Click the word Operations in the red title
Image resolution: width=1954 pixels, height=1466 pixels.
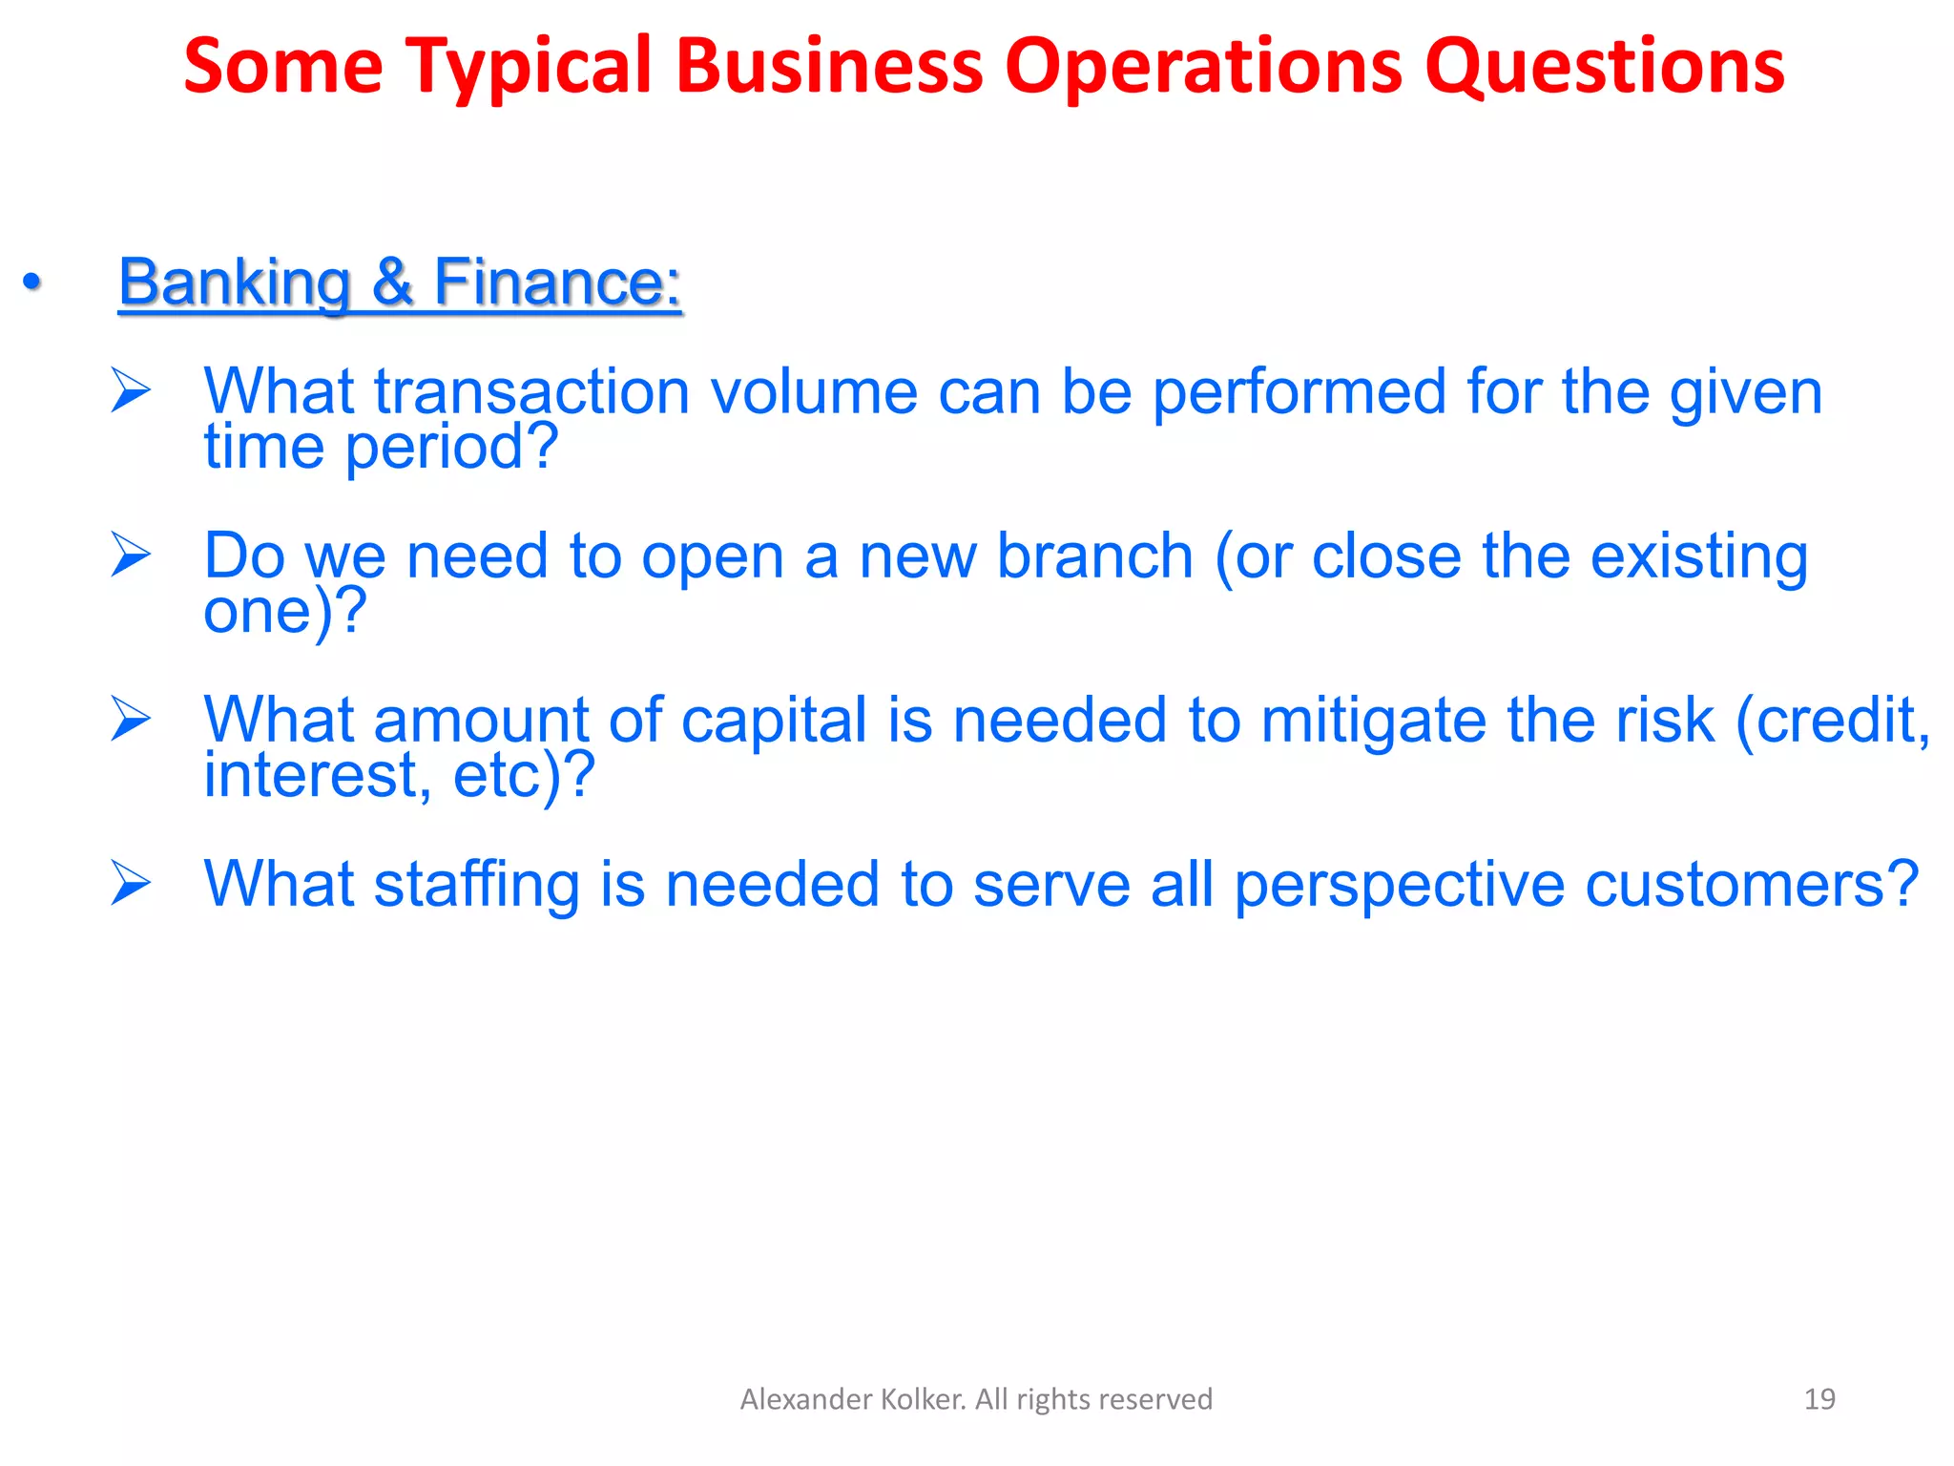click(1203, 67)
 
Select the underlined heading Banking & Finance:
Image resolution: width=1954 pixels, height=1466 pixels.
click(400, 283)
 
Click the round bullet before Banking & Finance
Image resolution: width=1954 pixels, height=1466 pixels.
click(32, 283)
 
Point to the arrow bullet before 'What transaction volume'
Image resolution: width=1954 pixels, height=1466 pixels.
click(131, 390)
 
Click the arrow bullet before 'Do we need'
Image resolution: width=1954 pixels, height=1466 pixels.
click(131, 555)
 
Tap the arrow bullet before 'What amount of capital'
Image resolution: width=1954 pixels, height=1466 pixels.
click(131, 719)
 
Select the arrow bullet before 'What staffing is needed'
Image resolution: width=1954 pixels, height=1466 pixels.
click(131, 883)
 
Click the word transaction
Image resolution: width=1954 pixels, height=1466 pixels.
click(530, 392)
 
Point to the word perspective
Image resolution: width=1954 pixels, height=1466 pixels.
click(1399, 885)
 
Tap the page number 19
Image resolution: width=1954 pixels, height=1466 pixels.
click(1819, 1399)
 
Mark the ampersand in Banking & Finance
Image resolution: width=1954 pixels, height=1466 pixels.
click(392, 283)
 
